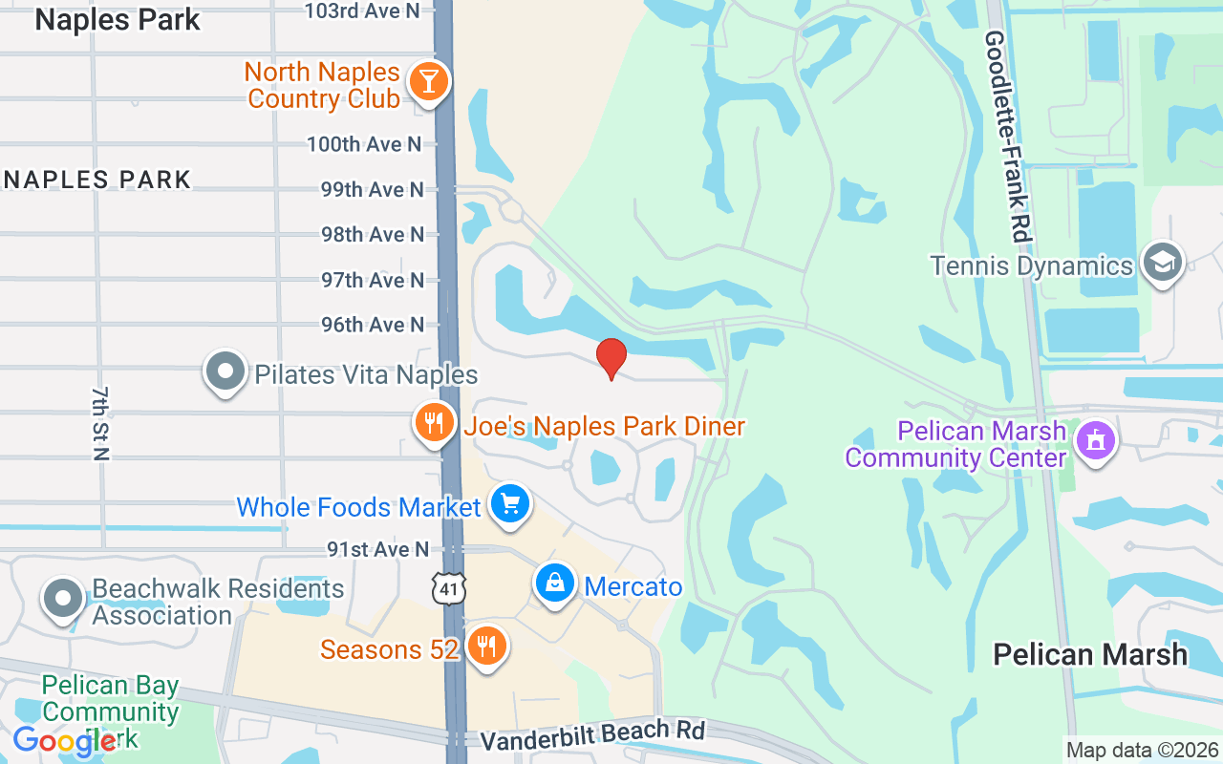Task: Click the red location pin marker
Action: pos(611,358)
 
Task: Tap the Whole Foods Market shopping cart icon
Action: pos(510,502)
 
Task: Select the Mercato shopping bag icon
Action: pos(555,582)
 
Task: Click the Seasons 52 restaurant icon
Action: pos(487,647)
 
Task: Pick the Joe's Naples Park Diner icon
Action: pos(435,422)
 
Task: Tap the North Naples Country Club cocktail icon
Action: pos(429,82)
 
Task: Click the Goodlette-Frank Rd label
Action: pos(1009,136)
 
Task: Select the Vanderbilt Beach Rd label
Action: pos(592,735)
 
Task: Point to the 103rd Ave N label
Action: pos(362,11)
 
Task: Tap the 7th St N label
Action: pos(102,423)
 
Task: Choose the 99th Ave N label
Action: pos(372,189)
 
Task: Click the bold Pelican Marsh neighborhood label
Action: pos(1090,654)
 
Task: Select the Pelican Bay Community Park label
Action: pos(110,711)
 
